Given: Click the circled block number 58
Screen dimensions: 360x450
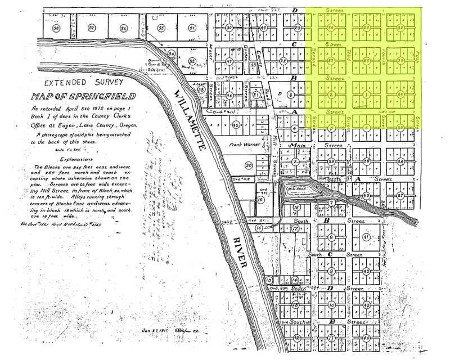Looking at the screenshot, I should pos(56,28).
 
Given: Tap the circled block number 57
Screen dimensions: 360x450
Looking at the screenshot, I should pos(92,28).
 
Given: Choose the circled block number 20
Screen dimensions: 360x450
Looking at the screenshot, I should pos(249,165).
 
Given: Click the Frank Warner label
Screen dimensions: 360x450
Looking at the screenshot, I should pos(243,145).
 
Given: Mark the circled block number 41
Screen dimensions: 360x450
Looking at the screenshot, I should pos(366,238).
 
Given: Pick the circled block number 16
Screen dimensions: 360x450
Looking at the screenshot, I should pos(259,229).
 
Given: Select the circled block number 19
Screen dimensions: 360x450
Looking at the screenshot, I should pos(261,199).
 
